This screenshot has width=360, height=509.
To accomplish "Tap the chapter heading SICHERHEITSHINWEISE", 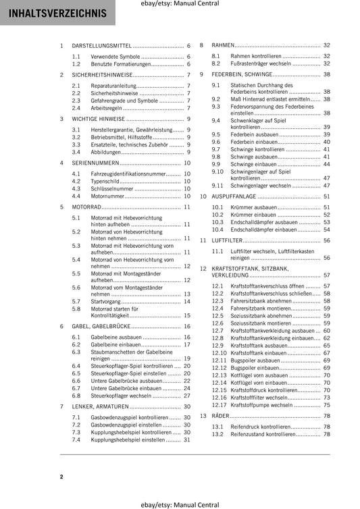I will click(105, 75).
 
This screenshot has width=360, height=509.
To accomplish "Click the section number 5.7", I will click(77, 301).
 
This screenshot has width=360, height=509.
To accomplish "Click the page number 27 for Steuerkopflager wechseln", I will click(187, 396).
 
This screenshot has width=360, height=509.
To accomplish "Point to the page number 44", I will click(327, 163).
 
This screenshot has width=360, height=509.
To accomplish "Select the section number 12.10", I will click(219, 352).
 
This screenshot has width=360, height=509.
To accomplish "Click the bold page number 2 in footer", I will click(61, 477).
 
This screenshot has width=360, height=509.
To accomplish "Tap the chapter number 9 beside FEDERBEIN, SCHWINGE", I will click(201, 74).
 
